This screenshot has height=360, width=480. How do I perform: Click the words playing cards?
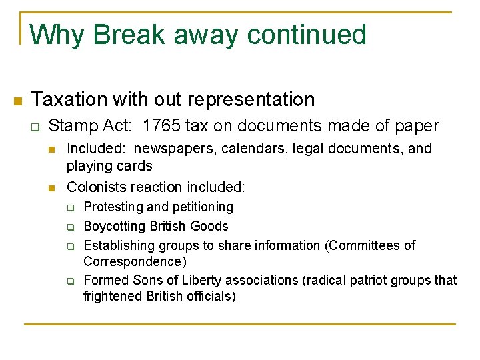(x=109, y=165)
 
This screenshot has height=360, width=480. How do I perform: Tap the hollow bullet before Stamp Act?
(x=37, y=126)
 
